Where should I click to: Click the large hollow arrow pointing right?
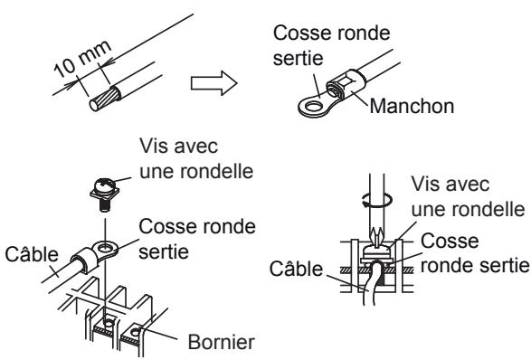click(214, 83)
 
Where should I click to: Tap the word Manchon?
click(412, 106)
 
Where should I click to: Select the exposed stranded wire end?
click(104, 99)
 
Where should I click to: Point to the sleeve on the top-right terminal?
click(346, 85)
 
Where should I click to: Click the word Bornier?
click(221, 342)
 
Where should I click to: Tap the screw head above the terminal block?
click(105, 185)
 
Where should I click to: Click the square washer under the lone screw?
click(105, 194)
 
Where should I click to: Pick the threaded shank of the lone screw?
click(105, 205)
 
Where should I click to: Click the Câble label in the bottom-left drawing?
click(32, 254)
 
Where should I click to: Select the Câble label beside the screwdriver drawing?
click(296, 269)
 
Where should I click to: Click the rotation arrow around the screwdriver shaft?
click(377, 200)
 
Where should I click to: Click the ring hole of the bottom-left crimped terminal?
click(105, 248)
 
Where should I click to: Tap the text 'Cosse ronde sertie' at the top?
click(332, 45)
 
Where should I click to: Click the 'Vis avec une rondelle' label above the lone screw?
click(196, 158)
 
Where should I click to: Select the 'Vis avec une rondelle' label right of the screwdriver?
click(468, 196)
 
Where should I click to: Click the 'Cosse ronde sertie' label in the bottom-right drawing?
click(474, 253)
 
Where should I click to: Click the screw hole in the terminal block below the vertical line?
click(109, 322)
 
